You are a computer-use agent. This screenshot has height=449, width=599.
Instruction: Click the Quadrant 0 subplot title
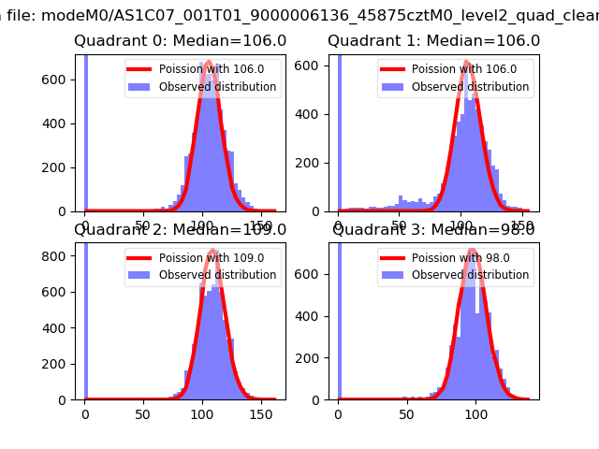point(180,41)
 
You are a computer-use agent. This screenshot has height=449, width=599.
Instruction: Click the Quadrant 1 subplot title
point(433,41)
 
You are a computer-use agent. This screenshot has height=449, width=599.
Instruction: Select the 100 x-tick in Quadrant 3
point(475,412)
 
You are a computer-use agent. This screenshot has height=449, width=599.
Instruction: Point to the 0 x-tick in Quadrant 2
point(85,412)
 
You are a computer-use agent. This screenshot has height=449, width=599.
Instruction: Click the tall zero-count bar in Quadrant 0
point(86,131)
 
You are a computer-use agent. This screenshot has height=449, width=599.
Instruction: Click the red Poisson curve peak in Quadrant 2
point(213,251)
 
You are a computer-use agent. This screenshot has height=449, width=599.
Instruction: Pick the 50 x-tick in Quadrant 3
point(407,412)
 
